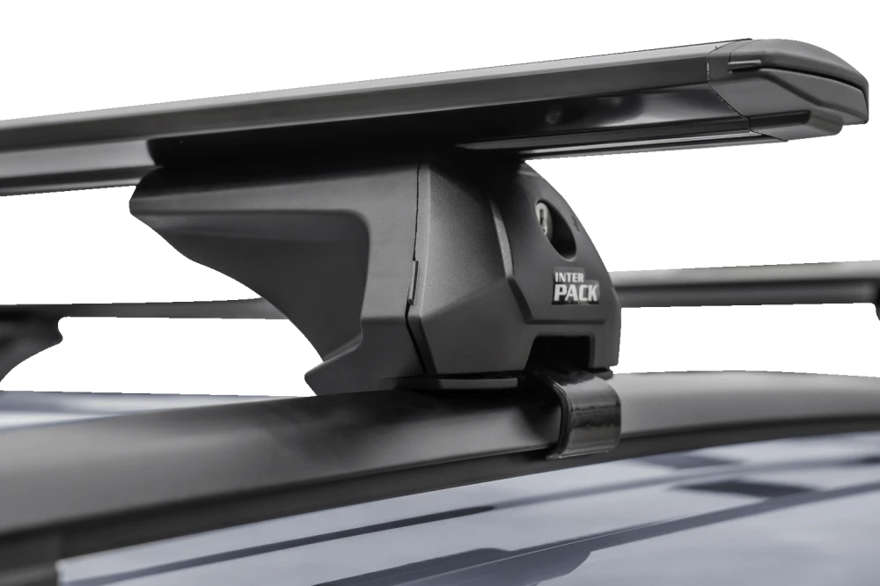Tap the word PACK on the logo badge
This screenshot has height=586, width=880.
[576, 292]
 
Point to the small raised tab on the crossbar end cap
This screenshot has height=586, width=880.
[746, 66]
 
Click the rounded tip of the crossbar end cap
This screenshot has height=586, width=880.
[859, 95]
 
